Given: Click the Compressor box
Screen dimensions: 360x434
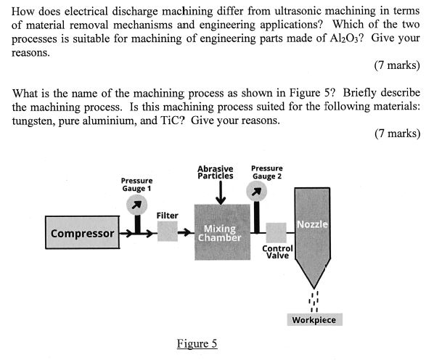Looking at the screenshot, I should (x=82, y=233).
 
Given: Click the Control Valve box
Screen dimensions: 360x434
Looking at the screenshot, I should (x=277, y=232).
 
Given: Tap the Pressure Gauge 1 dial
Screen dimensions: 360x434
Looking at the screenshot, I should (x=136, y=205).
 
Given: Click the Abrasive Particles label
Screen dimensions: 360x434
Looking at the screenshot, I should (x=215, y=172).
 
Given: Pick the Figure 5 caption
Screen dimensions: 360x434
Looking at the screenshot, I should (x=197, y=343).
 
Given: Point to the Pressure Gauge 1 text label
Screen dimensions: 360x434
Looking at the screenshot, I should (x=136, y=184).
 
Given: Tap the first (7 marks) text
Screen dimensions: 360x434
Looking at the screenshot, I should (x=397, y=65).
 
